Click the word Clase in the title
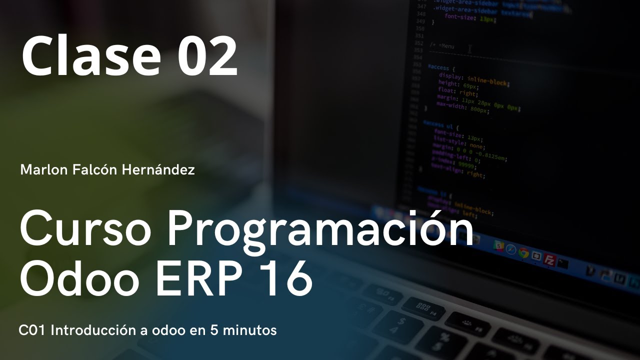[x=90, y=56]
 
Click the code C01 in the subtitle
[x=32, y=330]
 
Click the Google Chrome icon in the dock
[x=523, y=253]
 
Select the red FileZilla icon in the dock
[x=550, y=260]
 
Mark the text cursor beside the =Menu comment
[x=469, y=48]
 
